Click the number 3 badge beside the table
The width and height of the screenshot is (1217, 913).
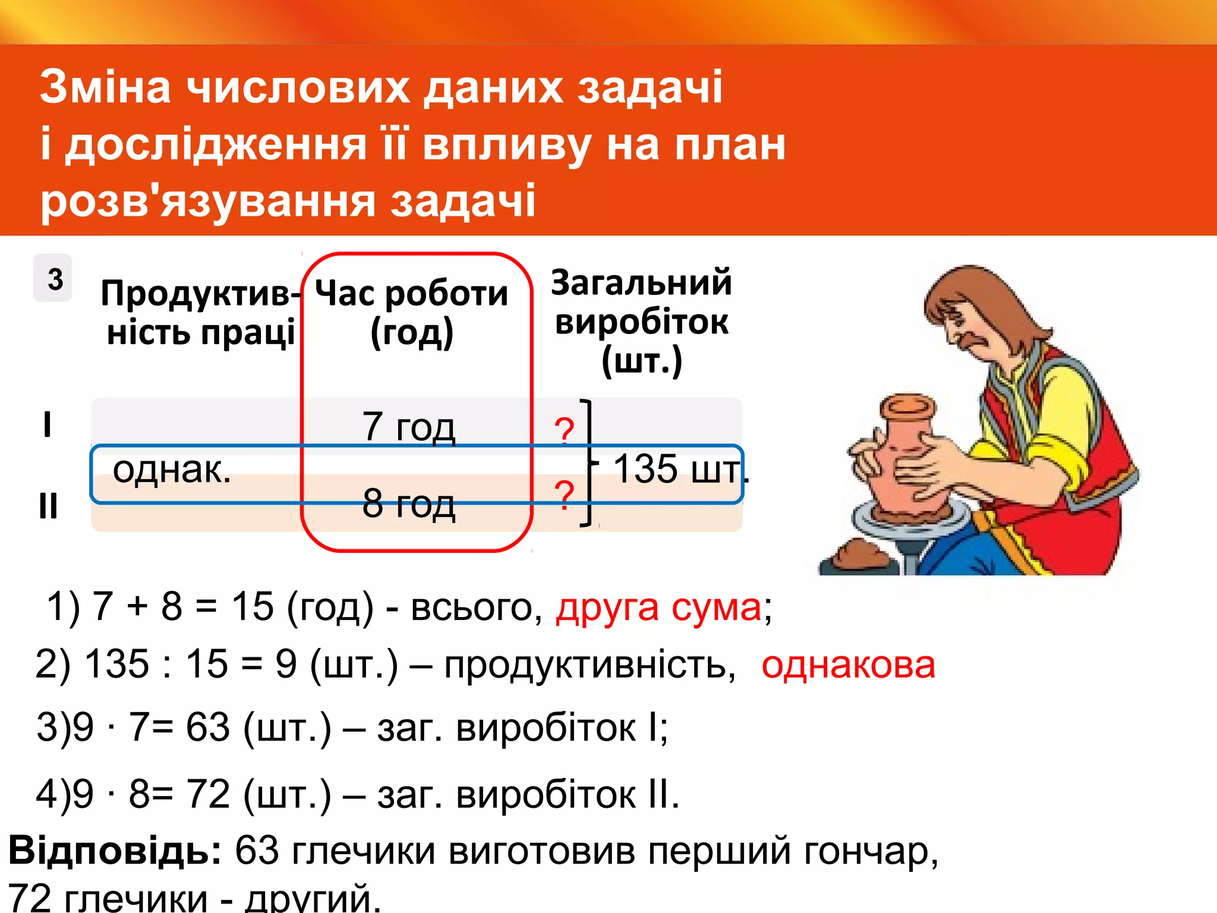53,278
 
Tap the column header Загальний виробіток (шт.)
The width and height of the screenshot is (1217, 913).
641,322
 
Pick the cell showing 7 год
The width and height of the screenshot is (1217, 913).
409,426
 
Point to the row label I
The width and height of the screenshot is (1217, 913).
48,425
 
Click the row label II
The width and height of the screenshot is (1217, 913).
48,506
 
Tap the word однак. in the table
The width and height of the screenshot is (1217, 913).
172,470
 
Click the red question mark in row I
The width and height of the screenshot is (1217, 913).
564,431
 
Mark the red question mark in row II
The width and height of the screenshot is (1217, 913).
564,495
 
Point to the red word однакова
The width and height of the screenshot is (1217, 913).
848,665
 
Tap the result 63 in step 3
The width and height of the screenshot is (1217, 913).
207,727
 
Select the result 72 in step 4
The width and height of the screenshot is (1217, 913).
207,794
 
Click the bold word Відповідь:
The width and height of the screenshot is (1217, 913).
115,851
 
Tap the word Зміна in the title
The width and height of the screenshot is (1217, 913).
105,87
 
